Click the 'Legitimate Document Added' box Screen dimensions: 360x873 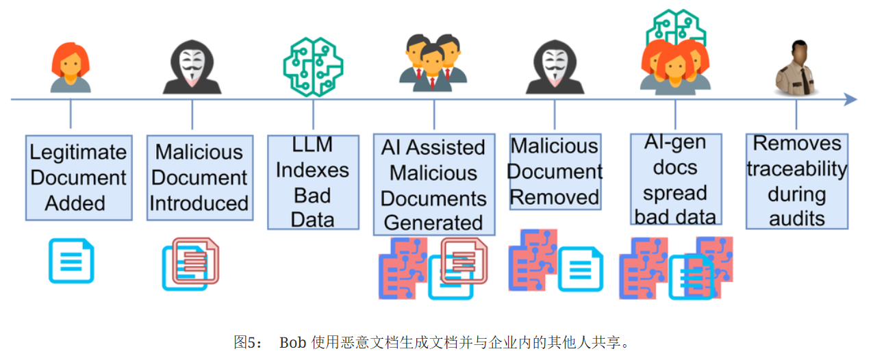coord(79,178)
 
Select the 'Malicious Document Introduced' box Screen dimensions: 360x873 coord(199,178)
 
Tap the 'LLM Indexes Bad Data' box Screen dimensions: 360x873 coord(312,182)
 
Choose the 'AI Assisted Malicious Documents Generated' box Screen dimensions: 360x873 coord(433,185)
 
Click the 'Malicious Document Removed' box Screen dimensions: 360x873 coord(555,171)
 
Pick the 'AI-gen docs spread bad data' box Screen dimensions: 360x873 coord(675,179)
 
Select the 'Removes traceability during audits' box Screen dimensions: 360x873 coord(796,181)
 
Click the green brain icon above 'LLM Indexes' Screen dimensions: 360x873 coord(313,66)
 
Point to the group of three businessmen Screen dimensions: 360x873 coord(432,62)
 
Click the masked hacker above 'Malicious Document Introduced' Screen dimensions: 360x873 coord(192,67)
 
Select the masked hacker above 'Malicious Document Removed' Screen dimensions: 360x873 coord(555,67)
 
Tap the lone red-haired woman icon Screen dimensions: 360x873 coord(71,67)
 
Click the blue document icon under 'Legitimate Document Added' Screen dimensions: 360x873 coord(71,260)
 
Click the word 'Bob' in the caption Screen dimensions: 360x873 coord(293,342)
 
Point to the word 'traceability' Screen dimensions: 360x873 coord(796,169)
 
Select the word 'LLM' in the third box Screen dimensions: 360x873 coord(312,145)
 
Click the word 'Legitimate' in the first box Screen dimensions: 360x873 coord(79,153)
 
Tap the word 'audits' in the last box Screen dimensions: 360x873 coord(796,218)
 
